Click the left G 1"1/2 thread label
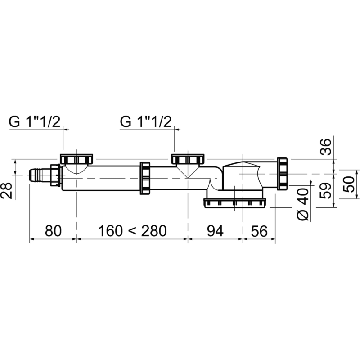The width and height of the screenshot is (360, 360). click(35, 121)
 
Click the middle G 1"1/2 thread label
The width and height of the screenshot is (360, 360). click(146, 121)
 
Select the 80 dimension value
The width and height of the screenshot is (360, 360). click(53, 231)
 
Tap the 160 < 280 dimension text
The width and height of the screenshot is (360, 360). click(132, 231)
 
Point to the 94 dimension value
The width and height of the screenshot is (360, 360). click(215, 231)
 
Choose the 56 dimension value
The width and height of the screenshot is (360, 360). click(259, 231)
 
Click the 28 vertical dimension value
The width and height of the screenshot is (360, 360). click(6, 190)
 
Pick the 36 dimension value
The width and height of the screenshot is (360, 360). click(326, 147)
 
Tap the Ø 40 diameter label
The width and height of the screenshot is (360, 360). click(303, 204)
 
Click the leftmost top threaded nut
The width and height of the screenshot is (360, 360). click(76, 159)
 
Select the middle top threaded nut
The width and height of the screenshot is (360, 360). click(188, 159)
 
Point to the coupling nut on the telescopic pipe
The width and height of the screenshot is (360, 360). click(145, 178)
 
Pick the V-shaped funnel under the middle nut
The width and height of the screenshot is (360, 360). click(188, 171)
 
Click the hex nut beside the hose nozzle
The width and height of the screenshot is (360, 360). click(55, 175)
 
